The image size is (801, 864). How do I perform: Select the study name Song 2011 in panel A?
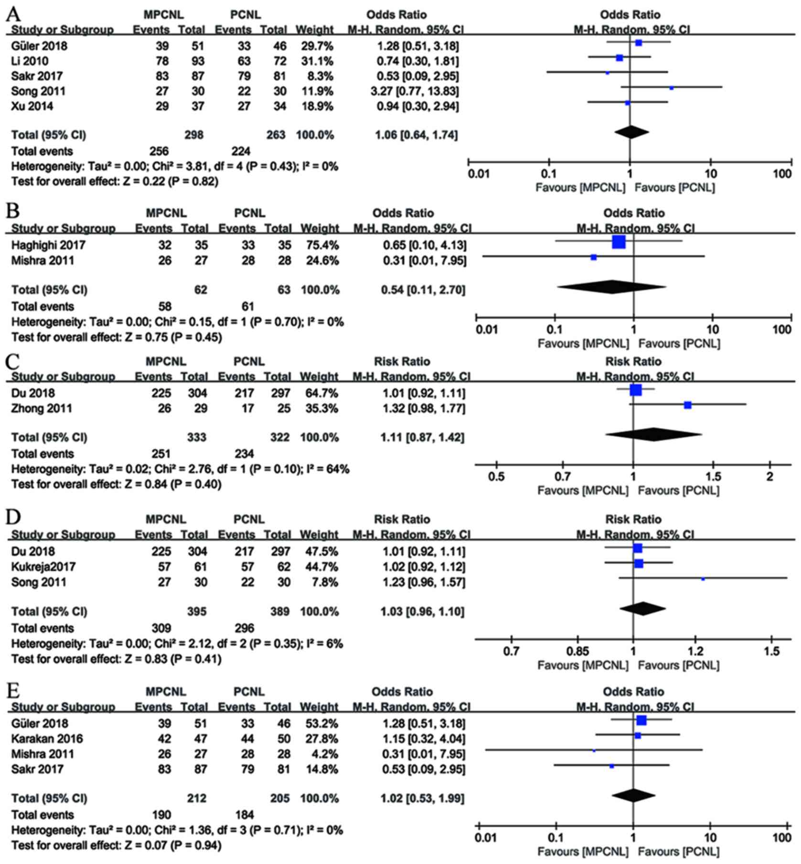(38, 91)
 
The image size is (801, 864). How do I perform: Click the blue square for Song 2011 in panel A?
(671, 88)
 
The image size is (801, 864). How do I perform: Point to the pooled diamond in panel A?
(631, 132)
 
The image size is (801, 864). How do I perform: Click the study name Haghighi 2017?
(48, 245)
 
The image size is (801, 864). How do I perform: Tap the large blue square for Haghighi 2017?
(619, 242)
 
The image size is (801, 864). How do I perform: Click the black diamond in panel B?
(611, 287)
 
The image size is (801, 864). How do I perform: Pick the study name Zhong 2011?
(42, 408)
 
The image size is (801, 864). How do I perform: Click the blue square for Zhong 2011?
(687, 405)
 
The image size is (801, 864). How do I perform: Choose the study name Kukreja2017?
(43, 566)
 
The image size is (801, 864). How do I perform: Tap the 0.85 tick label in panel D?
(577, 651)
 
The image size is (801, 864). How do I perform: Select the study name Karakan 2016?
(47, 738)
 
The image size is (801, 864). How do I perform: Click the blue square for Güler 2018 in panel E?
(641, 720)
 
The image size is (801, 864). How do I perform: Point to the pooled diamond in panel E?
(633, 795)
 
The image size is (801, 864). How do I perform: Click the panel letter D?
(13, 518)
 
